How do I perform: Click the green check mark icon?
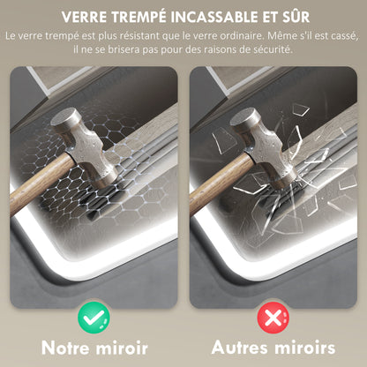click(94, 318)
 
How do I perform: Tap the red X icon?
click(273, 318)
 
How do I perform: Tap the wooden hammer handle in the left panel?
click(41, 183)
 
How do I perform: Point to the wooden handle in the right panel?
click(221, 183)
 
